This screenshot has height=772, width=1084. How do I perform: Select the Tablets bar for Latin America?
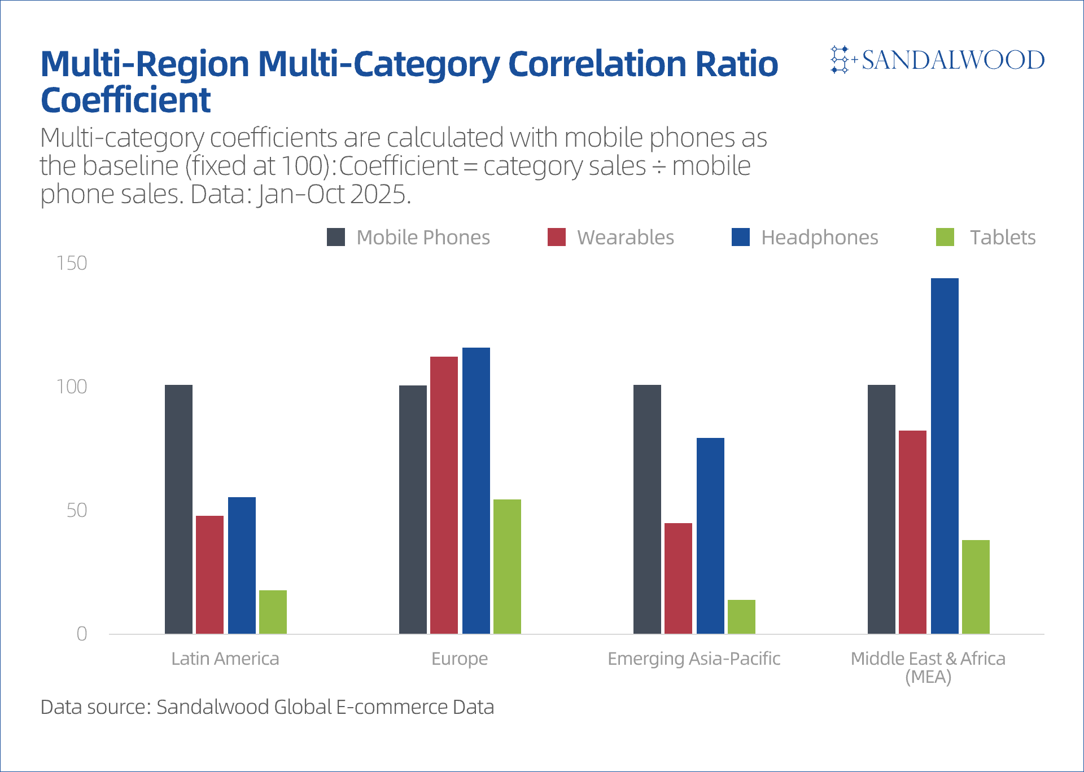[x=273, y=612]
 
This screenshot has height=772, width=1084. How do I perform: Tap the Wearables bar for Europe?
[x=444, y=495]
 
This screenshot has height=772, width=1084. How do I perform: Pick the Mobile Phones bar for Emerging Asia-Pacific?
[x=647, y=509]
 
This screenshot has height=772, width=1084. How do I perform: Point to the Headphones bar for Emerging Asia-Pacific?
[x=710, y=536]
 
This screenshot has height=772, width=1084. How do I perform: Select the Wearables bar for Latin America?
[x=209, y=574]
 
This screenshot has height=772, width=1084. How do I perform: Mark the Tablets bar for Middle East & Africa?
[x=976, y=586]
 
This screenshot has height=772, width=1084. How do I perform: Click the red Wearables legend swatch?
[x=556, y=237]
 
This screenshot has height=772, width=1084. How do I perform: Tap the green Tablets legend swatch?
[x=945, y=237]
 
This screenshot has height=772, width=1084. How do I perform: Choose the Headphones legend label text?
[x=819, y=238]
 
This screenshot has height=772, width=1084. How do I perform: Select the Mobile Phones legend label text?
[x=423, y=238]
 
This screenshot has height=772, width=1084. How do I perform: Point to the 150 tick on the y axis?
[x=72, y=264]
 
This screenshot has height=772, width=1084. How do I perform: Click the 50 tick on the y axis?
[x=77, y=511]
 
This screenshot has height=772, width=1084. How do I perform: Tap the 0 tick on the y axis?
[x=82, y=634]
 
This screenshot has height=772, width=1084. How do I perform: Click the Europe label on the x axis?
[x=460, y=659]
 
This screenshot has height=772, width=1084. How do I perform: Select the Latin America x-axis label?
[x=225, y=659]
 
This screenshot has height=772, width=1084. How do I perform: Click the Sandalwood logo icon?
[x=840, y=60]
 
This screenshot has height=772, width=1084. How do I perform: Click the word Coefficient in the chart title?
[x=125, y=100]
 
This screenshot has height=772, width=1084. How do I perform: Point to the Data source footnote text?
[x=267, y=707]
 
